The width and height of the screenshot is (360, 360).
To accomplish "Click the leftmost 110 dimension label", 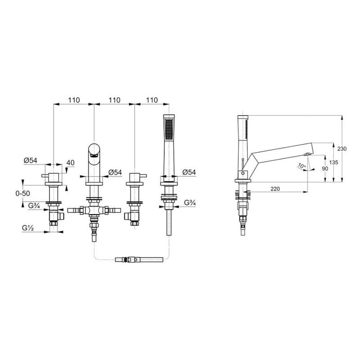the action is click(x=74, y=100).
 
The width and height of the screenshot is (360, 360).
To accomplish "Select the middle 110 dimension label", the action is click(x=114, y=100).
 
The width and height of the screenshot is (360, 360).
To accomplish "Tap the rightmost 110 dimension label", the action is click(x=152, y=100).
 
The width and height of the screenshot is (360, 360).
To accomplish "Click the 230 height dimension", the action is click(x=342, y=149).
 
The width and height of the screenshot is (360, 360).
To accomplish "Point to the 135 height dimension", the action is click(x=333, y=162).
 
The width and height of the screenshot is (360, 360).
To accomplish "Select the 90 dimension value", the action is click(x=325, y=168).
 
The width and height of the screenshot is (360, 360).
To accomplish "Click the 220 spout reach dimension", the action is click(x=275, y=189).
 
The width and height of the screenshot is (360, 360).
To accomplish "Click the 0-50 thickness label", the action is click(x=22, y=193).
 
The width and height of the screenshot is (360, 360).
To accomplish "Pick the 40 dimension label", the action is click(x=71, y=162).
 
